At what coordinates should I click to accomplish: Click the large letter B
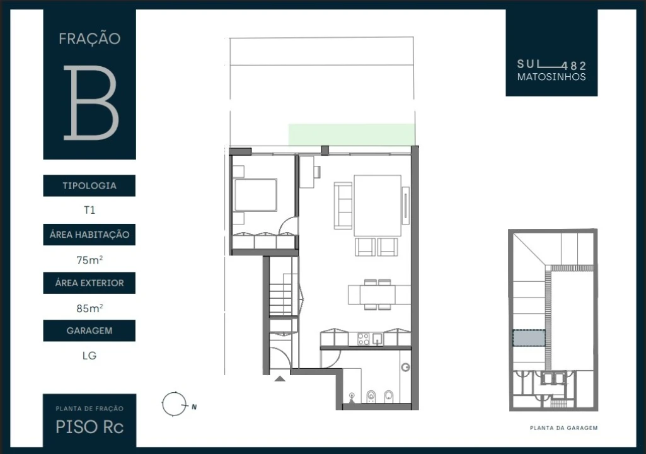tap(91, 102)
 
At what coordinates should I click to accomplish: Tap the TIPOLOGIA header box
tap(89, 185)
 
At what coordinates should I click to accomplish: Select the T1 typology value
tap(89, 210)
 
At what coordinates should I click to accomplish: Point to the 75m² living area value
tap(89, 260)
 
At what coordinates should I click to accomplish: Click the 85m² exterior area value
tap(89, 308)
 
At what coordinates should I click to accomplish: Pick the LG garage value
tap(89, 356)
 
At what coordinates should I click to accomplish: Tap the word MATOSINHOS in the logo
tap(551, 77)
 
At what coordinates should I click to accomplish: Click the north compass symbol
tap(175, 404)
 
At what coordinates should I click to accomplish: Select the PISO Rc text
tap(89, 427)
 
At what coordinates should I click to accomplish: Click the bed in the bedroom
tap(255, 195)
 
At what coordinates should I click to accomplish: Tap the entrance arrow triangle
tap(280, 378)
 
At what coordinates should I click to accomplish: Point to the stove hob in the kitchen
tap(363, 339)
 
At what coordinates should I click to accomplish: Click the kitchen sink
tap(378, 339)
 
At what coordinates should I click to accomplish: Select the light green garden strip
tap(352, 134)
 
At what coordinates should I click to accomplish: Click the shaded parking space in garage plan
tap(529, 338)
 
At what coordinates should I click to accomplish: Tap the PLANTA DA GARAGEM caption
tap(563, 428)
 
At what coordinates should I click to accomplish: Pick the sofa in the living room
tap(343, 206)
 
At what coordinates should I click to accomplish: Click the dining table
tap(377, 294)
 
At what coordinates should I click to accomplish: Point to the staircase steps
tap(280, 295)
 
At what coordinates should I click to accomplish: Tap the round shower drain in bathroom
tap(406, 367)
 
